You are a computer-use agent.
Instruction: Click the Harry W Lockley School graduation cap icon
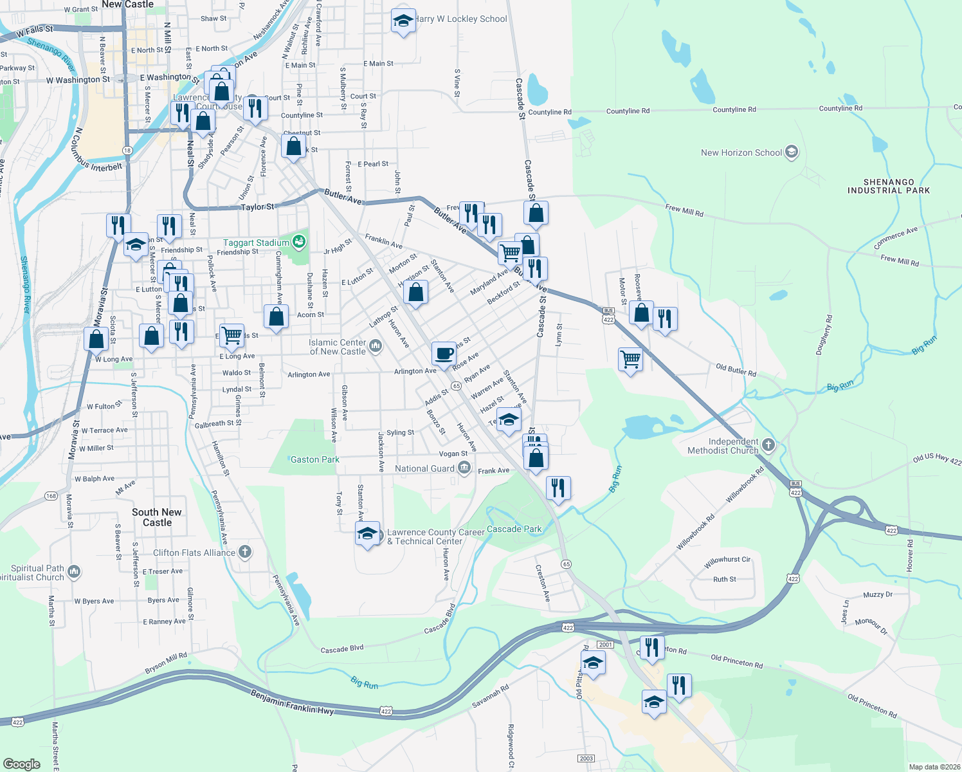[403, 21]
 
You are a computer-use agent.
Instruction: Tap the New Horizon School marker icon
[792, 152]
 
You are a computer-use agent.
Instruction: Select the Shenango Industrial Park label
[889, 187]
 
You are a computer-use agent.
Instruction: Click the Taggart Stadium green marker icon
[298, 243]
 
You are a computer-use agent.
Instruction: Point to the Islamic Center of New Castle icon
[376, 347]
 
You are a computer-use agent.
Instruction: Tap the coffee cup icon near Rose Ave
[444, 353]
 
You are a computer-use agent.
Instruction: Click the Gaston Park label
[314, 459]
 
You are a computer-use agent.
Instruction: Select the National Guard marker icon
[464, 468]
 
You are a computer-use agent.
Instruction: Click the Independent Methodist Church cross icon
[768, 445]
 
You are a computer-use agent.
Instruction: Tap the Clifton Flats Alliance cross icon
[244, 552]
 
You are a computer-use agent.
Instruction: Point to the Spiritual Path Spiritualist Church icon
[74, 571]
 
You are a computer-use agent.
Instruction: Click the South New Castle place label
[157, 517]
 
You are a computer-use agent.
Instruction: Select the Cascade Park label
[514, 529]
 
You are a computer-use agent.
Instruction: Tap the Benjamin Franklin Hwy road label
[293, 703]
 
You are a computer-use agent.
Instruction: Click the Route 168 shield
[51, 495]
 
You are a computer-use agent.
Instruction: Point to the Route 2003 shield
[586, 758]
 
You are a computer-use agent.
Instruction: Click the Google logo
[22, 764]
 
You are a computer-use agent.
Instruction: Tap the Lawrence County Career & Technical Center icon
[367, 533]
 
